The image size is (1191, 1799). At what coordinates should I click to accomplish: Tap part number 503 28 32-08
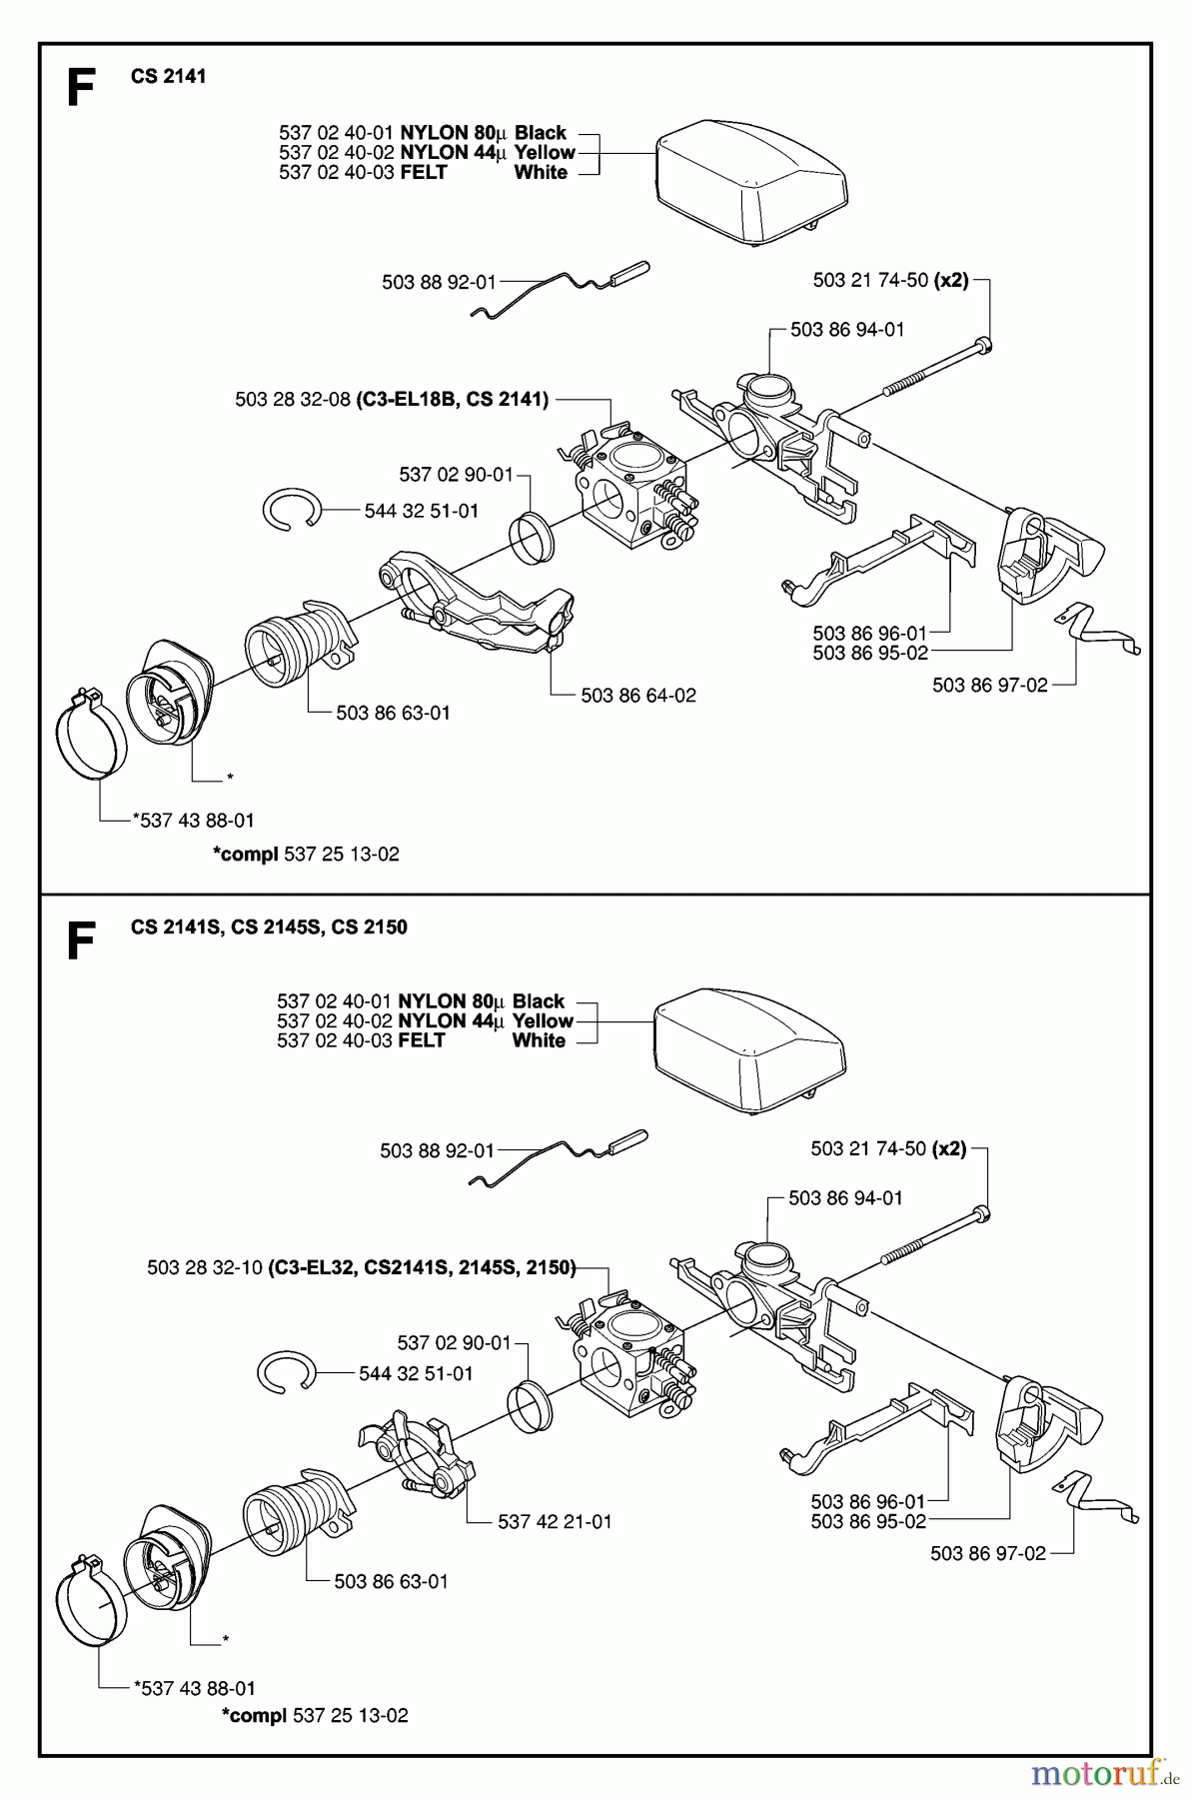pos(293,400)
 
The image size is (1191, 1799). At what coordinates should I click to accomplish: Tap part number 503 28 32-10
pos(205,1268)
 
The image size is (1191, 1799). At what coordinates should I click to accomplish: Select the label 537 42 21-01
pos(555,1522)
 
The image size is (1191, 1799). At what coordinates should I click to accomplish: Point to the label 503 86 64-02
pos(638,696)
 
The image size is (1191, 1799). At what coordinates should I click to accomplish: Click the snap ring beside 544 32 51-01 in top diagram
pos(291,510)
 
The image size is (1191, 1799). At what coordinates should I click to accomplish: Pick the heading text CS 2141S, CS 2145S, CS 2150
pos(269,927)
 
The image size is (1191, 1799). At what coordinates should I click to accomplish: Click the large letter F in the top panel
pos(80,88)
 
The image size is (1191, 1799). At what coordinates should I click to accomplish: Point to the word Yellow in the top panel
pos(545,153)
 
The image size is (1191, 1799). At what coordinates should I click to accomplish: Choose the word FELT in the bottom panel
pos(421,1041)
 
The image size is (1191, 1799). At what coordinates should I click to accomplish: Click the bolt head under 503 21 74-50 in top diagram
pos(984,346)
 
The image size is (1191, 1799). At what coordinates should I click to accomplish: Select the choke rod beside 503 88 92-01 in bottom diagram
pos(560,1159)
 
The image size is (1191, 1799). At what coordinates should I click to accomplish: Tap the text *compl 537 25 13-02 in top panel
pos(306,855)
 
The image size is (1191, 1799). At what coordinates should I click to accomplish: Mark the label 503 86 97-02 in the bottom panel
pos(987,1554)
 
